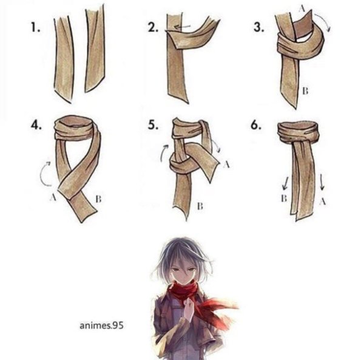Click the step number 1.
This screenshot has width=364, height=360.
click(x=36, y=28)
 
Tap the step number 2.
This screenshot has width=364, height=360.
click(x=153, y=28)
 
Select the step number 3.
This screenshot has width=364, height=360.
click(x=258, y=28)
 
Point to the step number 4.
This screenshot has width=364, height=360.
click(x=36, y=126)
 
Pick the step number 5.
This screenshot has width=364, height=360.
click(x=153, y=126)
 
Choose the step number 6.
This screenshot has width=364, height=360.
click(x=255, y=126)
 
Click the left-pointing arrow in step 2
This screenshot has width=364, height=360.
click(x=182, y=27)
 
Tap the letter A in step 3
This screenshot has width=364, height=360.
click(x=302, y=8)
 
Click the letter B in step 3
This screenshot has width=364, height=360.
click(x=305, y=91)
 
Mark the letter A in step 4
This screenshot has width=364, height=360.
click(x=53, y=198)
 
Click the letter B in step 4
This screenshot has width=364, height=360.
click(x=98, y=199)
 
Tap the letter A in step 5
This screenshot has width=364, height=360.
click(x=226, y=165)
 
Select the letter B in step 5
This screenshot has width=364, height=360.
click(x=200, y=206)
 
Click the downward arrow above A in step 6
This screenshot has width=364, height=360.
click(x=322, y=182)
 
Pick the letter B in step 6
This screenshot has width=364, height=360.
click(x=284, y=199)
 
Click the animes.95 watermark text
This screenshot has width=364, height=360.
click(x=101, y=325)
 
